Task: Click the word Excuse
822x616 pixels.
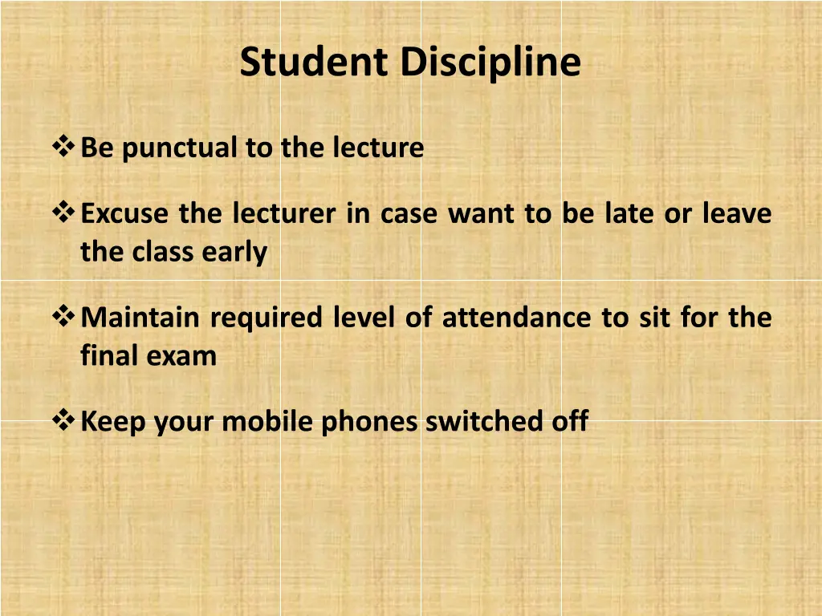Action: click(x=126, y=214)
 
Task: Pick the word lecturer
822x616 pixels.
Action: click(x=285, y=214)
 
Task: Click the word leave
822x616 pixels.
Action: click(x=737, y=214)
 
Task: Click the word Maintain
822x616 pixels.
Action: click(x=140, y=318)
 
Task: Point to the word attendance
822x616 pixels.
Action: click(x=517, y=318)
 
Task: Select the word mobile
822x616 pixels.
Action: click(x=268, y=421)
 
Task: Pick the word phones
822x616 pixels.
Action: click(x=369, y=422)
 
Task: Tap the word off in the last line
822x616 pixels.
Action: click(x=570, y=421)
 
